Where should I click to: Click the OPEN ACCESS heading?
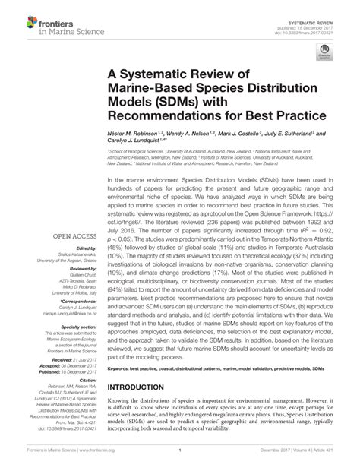coord(73,237)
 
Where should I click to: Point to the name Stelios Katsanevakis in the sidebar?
coord(74,253)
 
